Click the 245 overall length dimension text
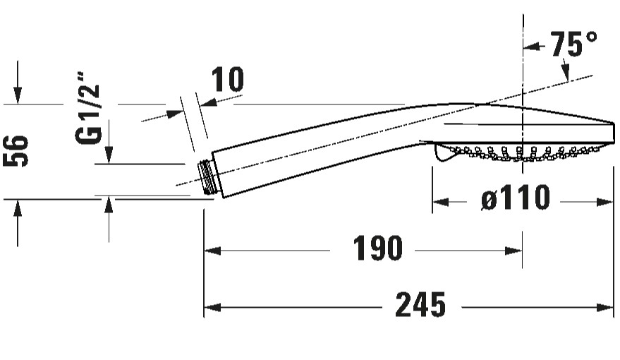(420, 305)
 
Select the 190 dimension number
(377, 248)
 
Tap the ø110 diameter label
(516, 197)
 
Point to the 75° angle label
(573, 44)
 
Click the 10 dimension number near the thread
(228, 80)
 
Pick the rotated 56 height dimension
(16, 151)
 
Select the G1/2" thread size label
(88, 108)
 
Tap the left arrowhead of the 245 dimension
(212, 307)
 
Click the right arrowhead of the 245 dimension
(605, 307)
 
